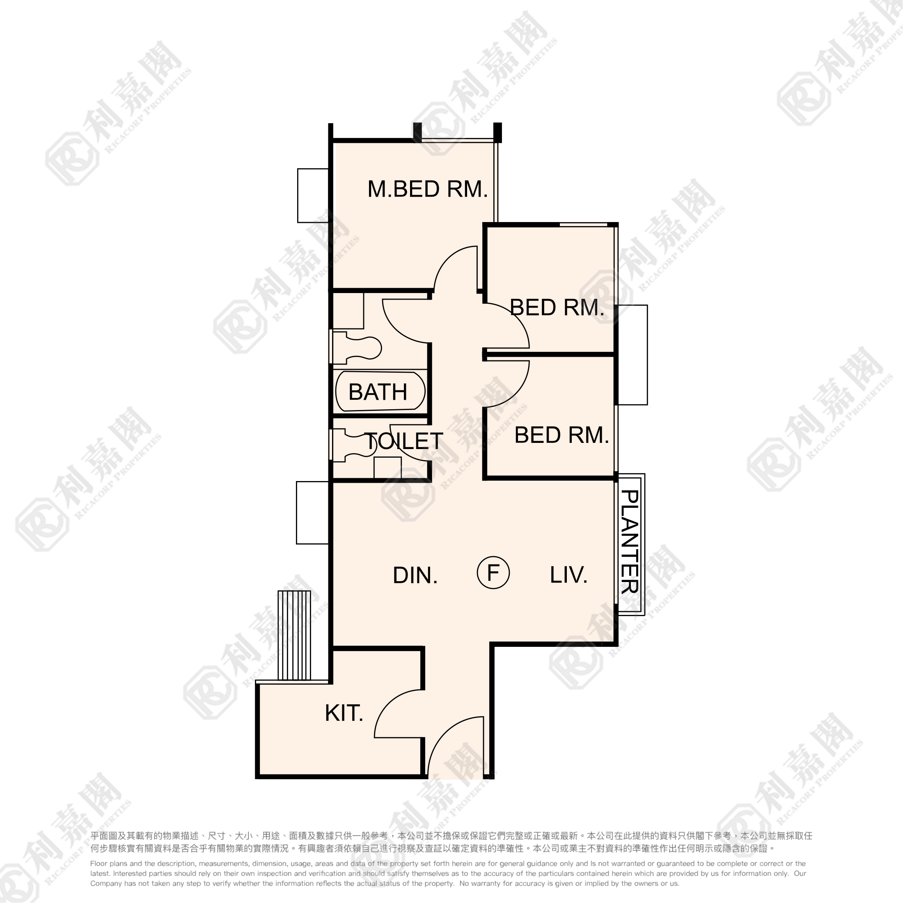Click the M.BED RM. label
pos(428,189)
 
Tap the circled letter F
pos(493,572)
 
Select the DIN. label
pos(415,575)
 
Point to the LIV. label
pos(568,575)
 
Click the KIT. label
pos(344,713)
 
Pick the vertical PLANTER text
pos(630,541)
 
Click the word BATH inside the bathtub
pos(378,392)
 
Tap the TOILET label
pos(404,441)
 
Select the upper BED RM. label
pos(557,307)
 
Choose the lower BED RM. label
pos(562,435)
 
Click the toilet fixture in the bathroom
pos(357,348)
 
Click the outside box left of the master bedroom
pos(313,195)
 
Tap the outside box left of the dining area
pos(313,513)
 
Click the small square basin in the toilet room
pos(387,468)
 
